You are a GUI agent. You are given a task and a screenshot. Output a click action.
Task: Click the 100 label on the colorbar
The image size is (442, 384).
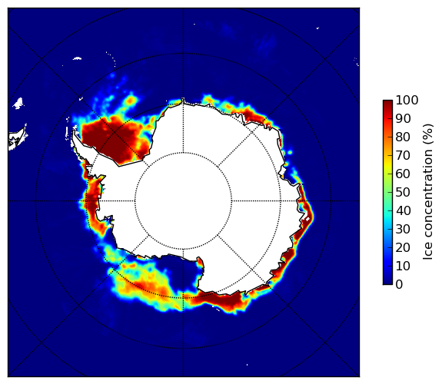(x=407, y=100)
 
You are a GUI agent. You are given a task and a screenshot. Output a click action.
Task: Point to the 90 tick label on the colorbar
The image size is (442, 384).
(x=403, y=118)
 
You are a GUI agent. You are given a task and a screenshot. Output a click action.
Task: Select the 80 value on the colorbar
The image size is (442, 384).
(x=403, y=137)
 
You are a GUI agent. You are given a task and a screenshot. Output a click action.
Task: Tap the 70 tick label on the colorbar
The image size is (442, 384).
(x=403, y=155)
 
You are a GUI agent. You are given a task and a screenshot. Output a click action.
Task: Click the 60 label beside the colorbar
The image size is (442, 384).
(x=403, y=174)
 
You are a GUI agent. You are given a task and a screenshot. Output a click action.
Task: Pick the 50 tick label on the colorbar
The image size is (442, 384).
(x=403, y=192)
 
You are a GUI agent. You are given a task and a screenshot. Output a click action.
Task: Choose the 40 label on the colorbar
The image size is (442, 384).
(x=403, y=210)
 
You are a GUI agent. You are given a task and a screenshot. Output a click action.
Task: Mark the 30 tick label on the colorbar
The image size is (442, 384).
(x=403, y=229)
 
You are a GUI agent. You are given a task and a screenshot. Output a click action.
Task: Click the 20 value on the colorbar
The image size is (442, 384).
(x=403, y=247)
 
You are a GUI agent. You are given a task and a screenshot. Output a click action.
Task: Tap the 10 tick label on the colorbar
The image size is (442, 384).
(x=403, y=266)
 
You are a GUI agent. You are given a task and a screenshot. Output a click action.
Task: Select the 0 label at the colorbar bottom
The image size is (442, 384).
(x=400, y=285)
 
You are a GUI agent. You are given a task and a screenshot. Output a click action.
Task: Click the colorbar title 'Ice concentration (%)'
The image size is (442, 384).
(x=428, y=192)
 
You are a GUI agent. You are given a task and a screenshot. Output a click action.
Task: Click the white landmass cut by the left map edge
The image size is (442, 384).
(x=17, y=139)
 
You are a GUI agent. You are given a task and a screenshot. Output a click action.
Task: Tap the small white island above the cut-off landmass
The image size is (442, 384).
(x=18, y=103)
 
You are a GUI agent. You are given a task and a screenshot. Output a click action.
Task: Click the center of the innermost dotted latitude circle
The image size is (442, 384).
(x=183, y=201)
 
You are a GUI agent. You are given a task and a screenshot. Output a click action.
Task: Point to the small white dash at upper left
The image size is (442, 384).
(x=77, y=58)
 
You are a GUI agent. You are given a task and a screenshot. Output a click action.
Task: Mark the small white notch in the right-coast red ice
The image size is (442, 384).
(x=307, y=218)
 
